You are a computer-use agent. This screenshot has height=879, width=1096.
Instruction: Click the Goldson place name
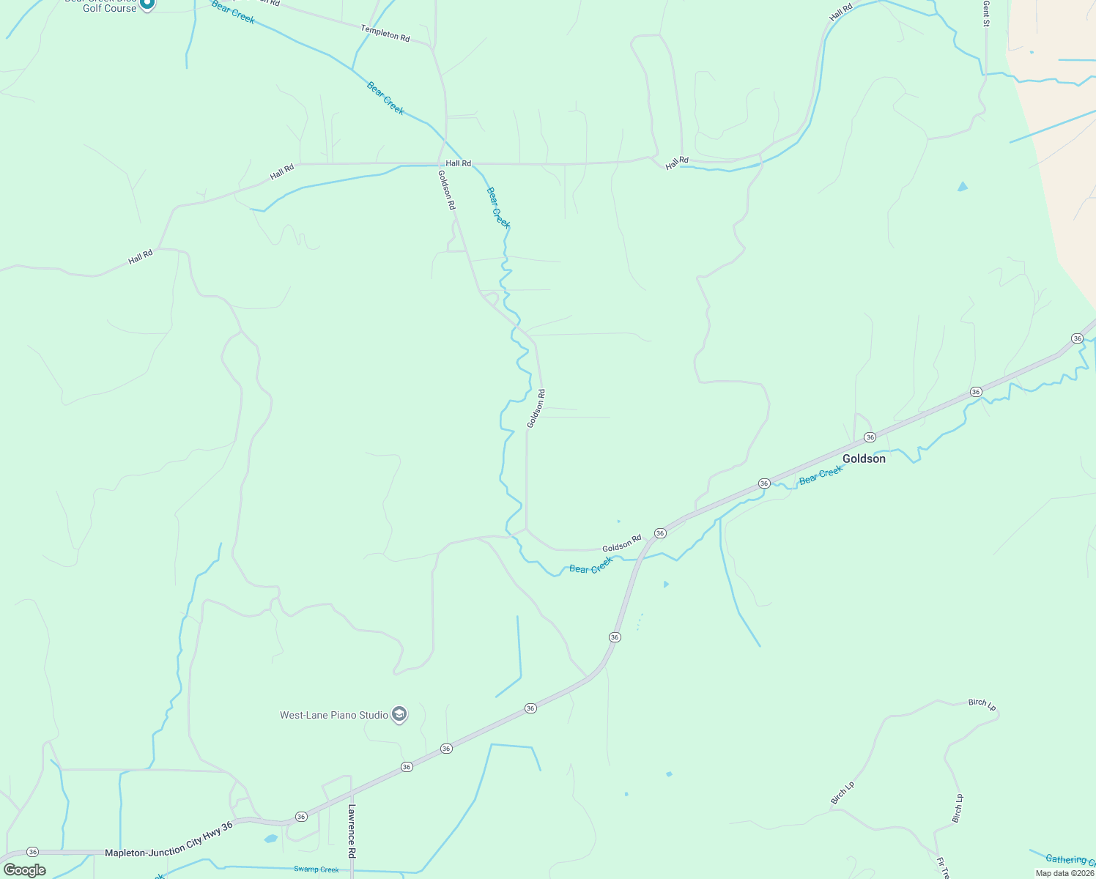(864, 459)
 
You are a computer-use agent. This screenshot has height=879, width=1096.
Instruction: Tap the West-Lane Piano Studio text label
(334, 715)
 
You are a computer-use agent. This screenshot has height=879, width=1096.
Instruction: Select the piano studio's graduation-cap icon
(399, 714)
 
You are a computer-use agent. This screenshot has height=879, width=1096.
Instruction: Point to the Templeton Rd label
(385, 33)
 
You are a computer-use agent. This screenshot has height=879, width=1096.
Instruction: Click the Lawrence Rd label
(352, 831)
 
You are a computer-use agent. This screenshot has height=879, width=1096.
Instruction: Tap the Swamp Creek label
(316, 869)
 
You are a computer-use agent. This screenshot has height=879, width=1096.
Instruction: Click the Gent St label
(987, 13)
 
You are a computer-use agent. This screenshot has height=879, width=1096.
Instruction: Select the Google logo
(25, 870)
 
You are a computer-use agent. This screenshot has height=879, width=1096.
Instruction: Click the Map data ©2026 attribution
(1064, 873)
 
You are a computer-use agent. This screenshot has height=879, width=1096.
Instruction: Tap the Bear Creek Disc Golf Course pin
(147, 4)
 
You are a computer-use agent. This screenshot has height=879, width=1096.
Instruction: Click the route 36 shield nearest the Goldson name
(870, 437)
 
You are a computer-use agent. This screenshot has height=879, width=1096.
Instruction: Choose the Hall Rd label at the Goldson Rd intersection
(459, 163)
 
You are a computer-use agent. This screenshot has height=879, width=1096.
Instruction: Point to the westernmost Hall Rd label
(141, 257)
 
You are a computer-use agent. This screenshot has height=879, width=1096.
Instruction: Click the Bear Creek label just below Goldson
(821, 475)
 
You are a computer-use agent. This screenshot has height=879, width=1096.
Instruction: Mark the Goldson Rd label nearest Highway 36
(621, 544)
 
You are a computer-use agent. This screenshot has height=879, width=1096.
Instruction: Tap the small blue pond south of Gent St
(962, 187)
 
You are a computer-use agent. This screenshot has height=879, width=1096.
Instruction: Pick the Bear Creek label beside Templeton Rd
(233, 12)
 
